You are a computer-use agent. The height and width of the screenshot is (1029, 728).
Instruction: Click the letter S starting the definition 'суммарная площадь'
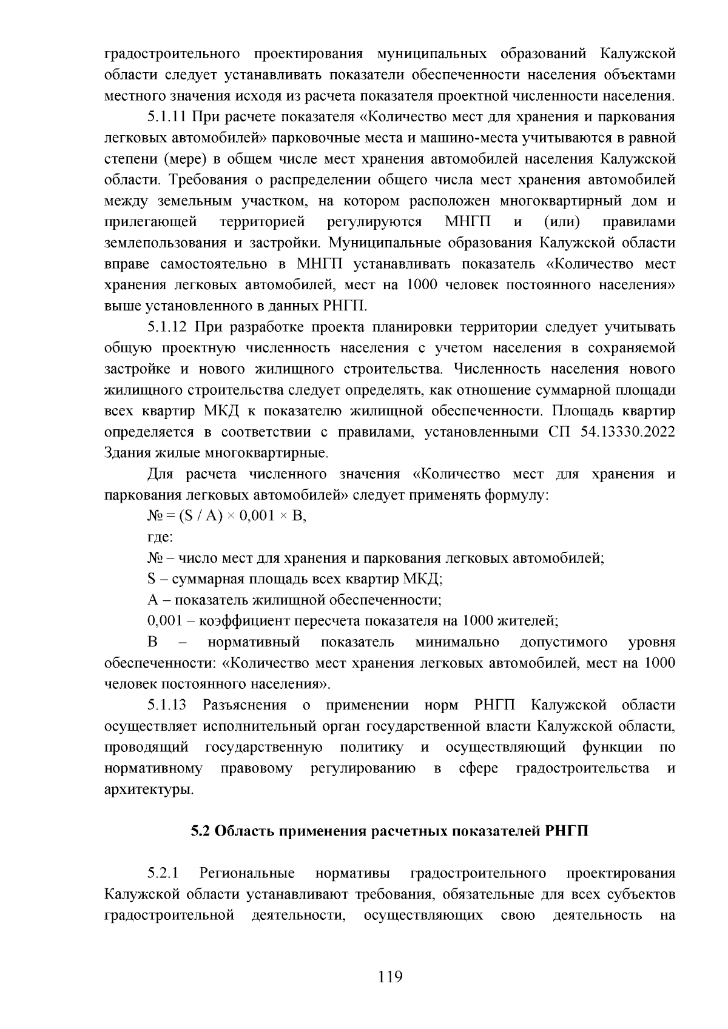pos(152,578)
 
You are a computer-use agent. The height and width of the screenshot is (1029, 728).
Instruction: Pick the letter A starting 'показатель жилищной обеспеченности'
pos(152,600)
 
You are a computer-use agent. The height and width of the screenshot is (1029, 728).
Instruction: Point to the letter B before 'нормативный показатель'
pos(152,642)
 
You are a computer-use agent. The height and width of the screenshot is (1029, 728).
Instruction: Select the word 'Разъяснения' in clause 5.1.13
pos(244,705)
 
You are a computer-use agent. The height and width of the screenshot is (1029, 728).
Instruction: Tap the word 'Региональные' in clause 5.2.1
pos(247,873)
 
